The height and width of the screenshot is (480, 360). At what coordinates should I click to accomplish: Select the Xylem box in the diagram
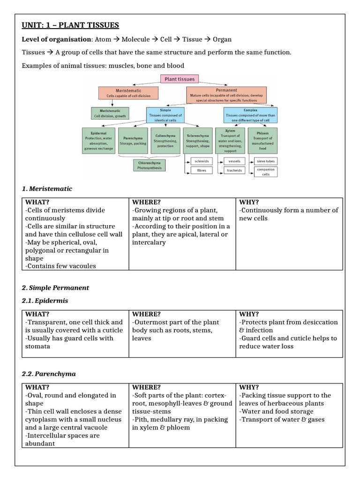pyautogui.click(x=230, y=141)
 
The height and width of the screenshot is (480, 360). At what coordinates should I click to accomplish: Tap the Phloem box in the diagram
pyautogui.click(x=262, y=141)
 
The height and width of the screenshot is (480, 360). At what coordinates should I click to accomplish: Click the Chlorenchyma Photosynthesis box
pyautogui.click(x=150, y=165)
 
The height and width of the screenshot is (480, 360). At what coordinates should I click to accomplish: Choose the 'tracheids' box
pyautogui.click(x=234, y=171)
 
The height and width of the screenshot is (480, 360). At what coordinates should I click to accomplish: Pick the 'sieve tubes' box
pyautogui.click(x=266, y=161)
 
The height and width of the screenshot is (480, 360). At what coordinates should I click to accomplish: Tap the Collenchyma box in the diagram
pyautogui.click(x=165, y=141)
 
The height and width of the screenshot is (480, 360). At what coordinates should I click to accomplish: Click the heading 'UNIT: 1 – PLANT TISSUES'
pyautogui.click(x=70, y=25)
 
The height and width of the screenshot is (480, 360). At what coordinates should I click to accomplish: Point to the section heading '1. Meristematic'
pyautogui.click(x=47, y=188)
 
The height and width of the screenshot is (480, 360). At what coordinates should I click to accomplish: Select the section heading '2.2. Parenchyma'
pyautogui.click(x=49, y=374)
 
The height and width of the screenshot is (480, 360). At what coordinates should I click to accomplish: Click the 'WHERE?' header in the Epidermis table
pyautogui.click(x=146, y=314)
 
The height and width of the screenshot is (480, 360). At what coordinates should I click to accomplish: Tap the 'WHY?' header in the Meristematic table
pyautogui.click(x=249, y=202)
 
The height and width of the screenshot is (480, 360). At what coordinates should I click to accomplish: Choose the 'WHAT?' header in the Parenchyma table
pyautogui.click(x=37, y=387)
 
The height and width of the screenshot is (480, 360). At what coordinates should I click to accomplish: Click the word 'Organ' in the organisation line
pyautogui.click(x=222, y=39)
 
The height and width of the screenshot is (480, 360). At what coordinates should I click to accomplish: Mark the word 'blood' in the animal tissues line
pyautogui.click(x=175, y=65)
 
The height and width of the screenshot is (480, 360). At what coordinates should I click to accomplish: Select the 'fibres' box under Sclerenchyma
pyautogui.click(x=201, y=171)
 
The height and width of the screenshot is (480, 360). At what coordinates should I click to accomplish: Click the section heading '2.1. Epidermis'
pyautogui.click(x=45, y=300)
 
